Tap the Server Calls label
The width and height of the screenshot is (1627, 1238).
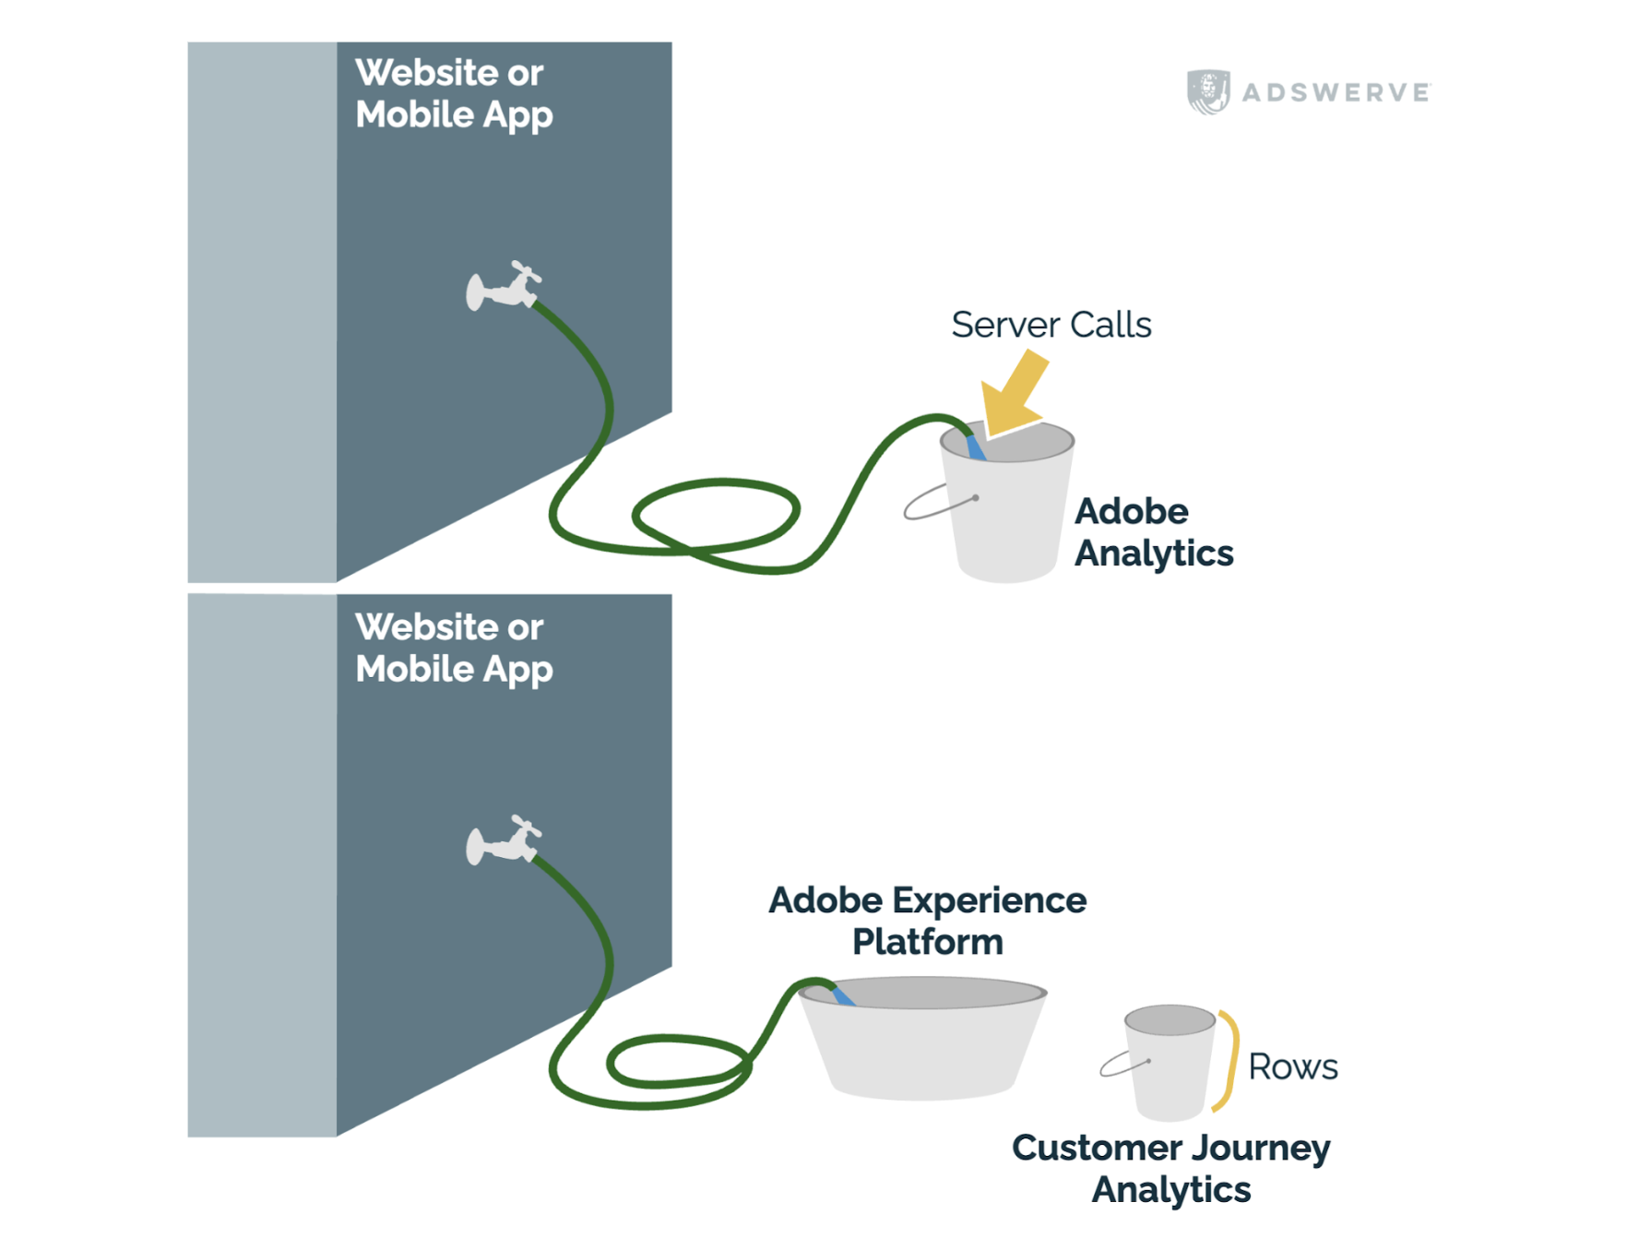tap(1051, 325)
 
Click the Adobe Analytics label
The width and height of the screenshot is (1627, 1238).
tap(1153, 532)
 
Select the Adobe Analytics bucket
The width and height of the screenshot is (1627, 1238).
tap(1007, 517)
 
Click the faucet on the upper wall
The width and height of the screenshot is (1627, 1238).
tap(503, 287)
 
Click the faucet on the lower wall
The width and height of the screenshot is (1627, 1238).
tap(503, 840)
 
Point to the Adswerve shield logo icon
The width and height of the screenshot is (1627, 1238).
tap(1207, 91)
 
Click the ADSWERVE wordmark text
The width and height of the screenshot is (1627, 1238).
tap(1336, 92)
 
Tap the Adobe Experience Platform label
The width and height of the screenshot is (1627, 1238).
tap(927, 921)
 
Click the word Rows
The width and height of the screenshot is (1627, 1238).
tap(1292, 1067)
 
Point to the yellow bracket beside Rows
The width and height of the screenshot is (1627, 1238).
tap(1229, 1061)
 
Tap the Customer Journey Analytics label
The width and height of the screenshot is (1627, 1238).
tap(1170, 1168)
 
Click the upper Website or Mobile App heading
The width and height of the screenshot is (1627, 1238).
tap(453, 93)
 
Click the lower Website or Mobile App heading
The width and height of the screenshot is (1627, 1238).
tap(453, 648)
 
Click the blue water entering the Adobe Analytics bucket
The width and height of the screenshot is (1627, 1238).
tap(976, 448)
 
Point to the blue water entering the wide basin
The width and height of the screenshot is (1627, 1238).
tap(843, 997)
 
